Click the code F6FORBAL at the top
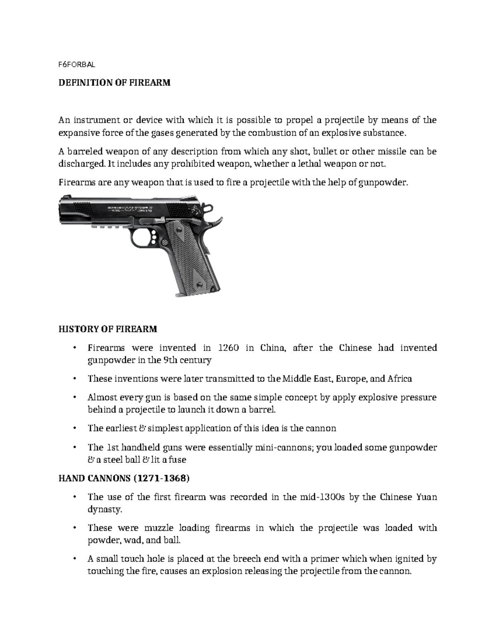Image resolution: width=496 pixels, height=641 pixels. pyautogui.click(x=76, y=64)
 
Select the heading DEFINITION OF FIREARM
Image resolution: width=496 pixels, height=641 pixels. pyautogui.click(x=114, y=83)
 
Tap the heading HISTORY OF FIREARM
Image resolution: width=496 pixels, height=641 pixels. pyautogui.click(x=107, y=329)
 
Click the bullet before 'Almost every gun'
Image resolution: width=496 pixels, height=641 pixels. pyautogui.click(x=74, y=397)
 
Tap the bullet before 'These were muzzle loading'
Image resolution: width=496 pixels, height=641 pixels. pyautogui.click(x=74, y=528)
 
